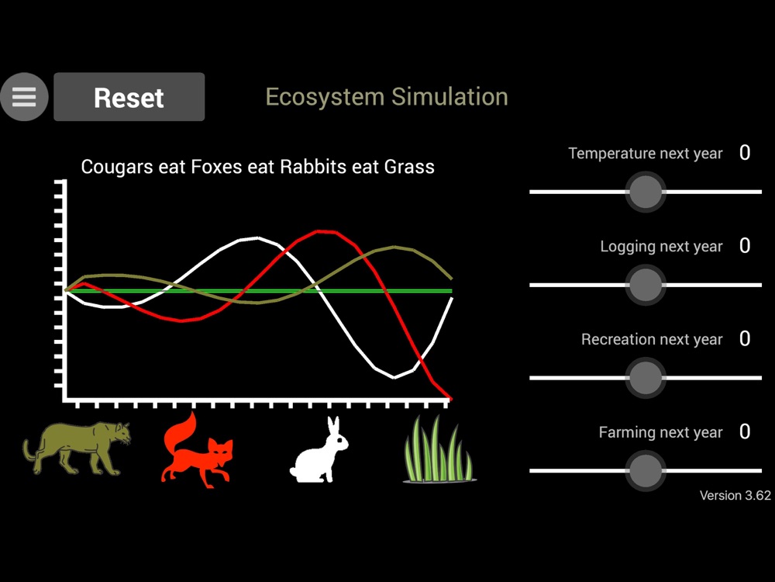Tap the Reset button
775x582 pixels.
(x=129, y=97)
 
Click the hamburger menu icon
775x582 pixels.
(x=24, y=97)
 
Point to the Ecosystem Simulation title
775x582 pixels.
(x=387, y=96)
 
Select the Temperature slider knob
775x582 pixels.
(x=645, y=192)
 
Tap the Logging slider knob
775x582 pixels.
(x=645, y=285)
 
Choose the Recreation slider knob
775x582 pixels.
(x=645, y=378)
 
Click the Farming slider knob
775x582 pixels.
(x=645, y=471)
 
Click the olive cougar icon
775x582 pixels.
(x=77, y=448)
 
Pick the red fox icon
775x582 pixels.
(x=197, y=450)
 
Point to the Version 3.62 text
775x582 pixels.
(x=735, y=495)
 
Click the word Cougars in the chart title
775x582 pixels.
(x=117, y=168)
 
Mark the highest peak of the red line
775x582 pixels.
(x=326, y=231)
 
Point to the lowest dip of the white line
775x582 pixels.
(x=394, y=378)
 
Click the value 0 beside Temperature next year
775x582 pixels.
(x=744, y=152)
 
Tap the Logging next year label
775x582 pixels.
(x=661, y=247)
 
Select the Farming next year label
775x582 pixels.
(x=661, y=432)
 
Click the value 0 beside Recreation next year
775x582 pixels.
(x=744, y=338)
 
